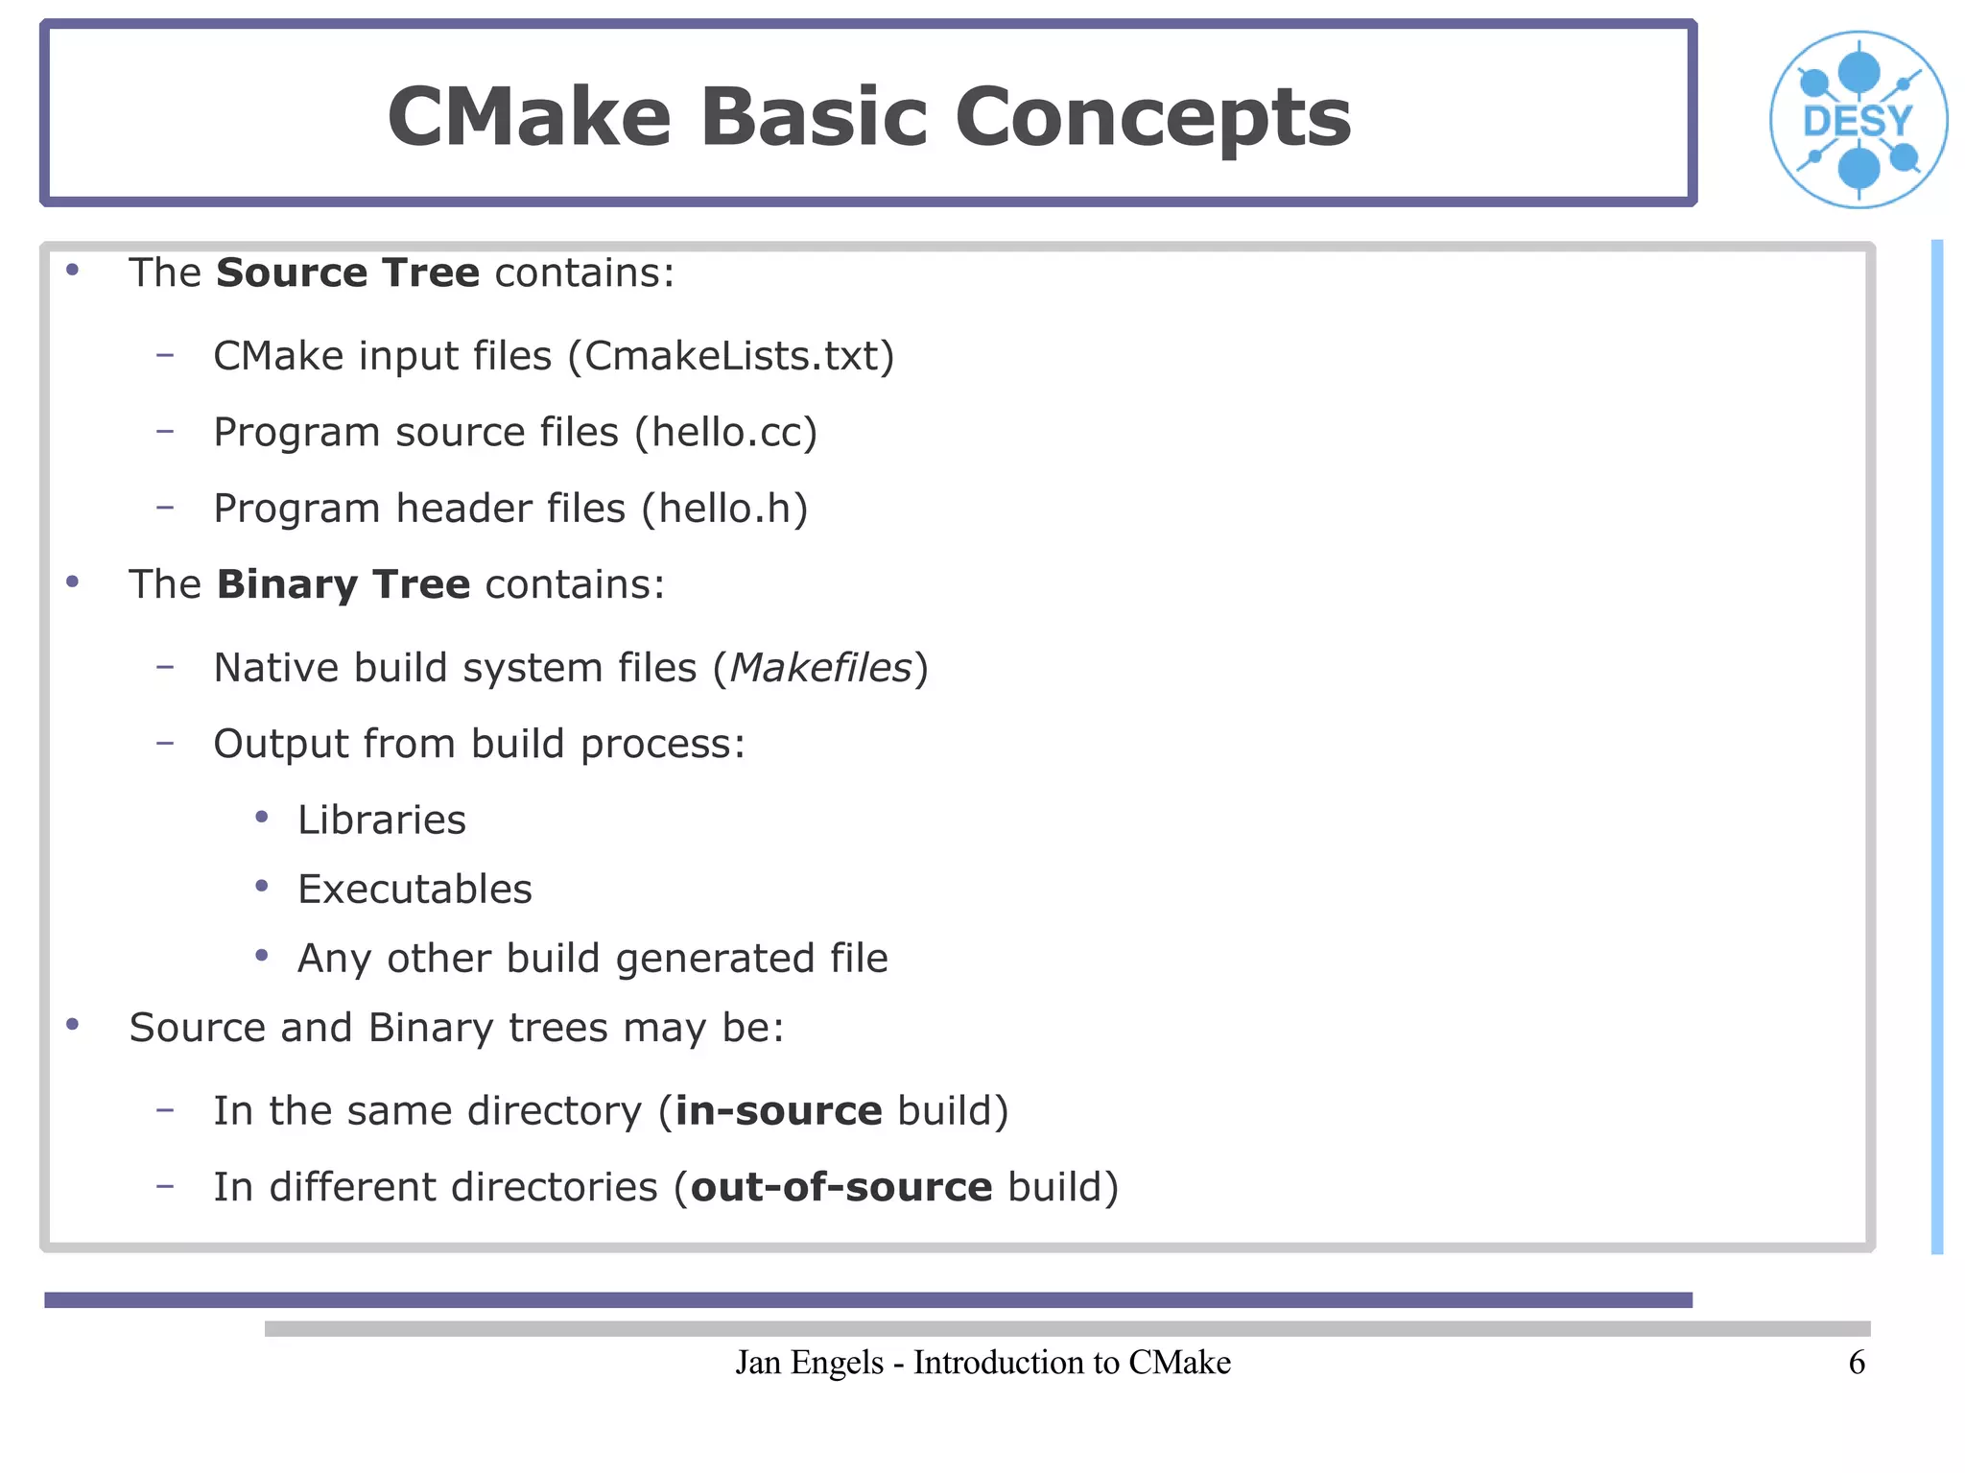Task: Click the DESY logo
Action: click(x=1858, y=120)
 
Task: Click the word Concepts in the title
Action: click(x=1152, y=117)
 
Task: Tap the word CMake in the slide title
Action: click(x=529, y=117)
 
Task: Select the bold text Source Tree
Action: click(x=347, y=273)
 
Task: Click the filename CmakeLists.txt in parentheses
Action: click(x=731, y=357)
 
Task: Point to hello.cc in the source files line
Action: click(x=725, y=433)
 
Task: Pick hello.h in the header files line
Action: click(x=724, y=509)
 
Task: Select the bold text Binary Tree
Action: click(x=343, y=584)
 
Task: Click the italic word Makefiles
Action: click(x=820, y=668)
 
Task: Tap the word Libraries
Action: click(x=382, y=820)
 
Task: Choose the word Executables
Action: click(x=414, y=890)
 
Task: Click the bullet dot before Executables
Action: click(x=262, y=887)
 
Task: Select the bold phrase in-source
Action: click(x=778, y=1111)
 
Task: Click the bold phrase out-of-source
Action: click(x=841, y=1188)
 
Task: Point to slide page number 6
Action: click(x=1857, y=1363)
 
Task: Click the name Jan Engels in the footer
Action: click(x=809, y=1363)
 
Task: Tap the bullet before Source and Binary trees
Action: click(x=72, y=1025)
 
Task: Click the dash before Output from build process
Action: click(x=165, y=742)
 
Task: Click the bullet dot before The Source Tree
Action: click(x=72, y=271)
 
